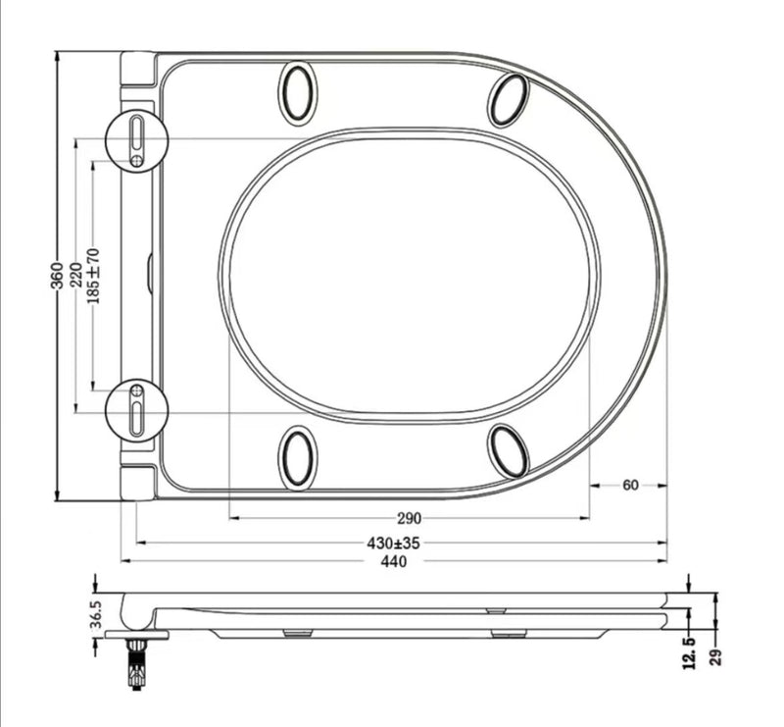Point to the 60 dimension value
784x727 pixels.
[630, 485]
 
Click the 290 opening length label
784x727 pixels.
[409, 518]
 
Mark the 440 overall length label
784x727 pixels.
[394, 561]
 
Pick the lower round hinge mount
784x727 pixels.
[136, 409]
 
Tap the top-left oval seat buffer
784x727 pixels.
[298, 93]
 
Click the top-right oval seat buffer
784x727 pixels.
[510, 99]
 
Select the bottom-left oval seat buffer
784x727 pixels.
[298, 457]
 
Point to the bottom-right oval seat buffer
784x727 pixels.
[509, 451]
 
